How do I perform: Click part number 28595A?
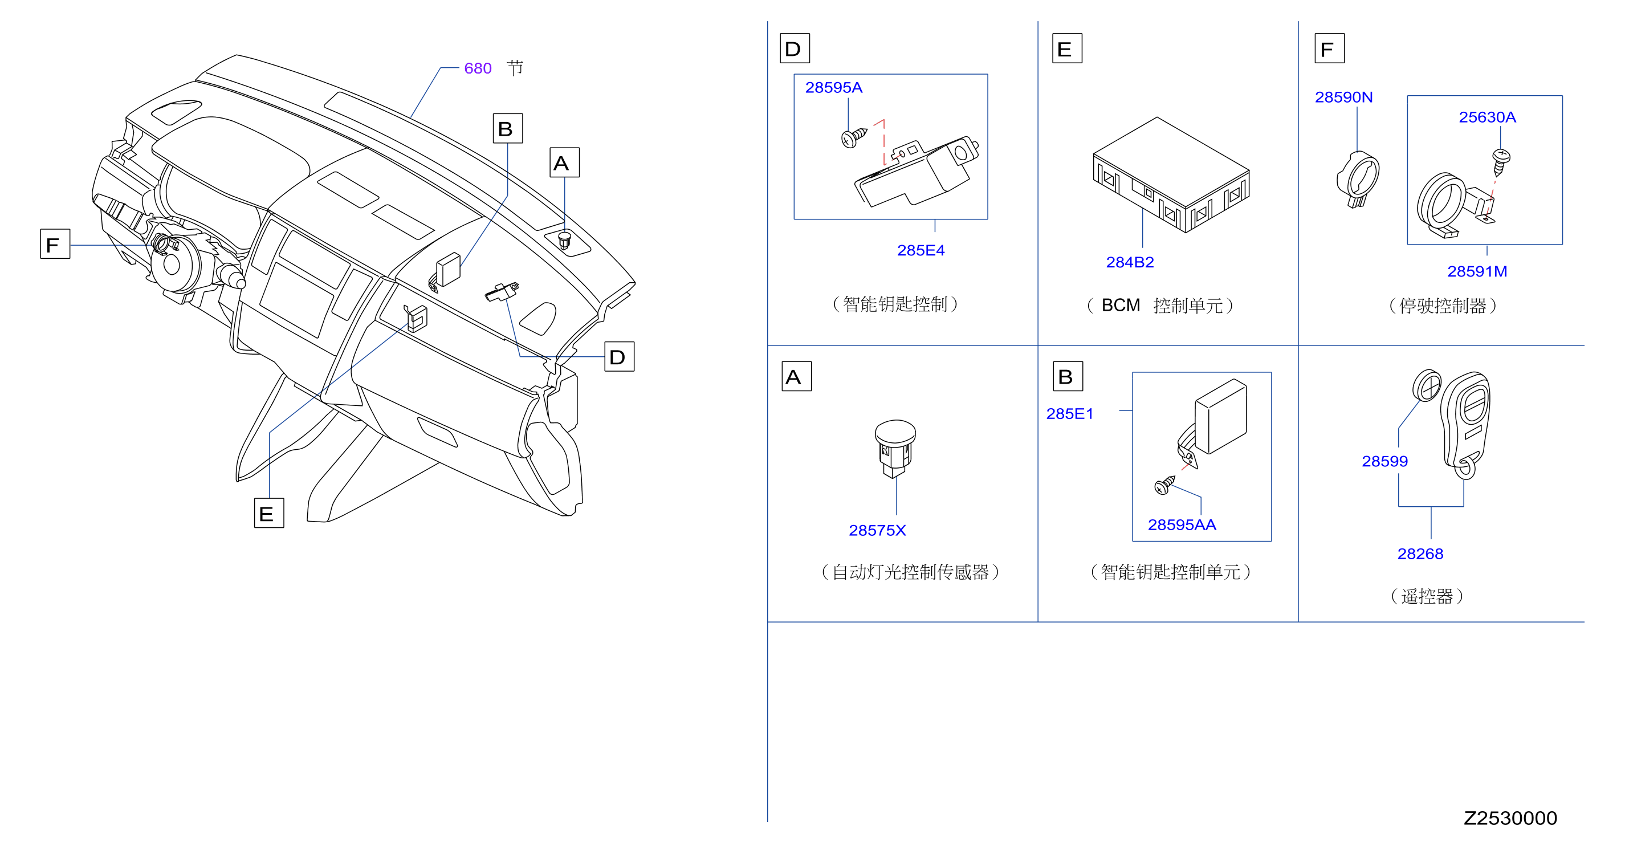tap(833, 88)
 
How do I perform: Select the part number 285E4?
tap(921, 250)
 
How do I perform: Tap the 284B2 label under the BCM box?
tap(1130, 262)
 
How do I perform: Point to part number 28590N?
tap(1343, 97)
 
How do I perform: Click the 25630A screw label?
tap(1487, 117)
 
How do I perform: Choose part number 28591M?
tap(1477, 271)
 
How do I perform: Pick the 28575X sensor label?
tap(877, 531)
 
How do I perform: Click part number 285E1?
tap(1069, 414)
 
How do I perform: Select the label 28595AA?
tap(1182, 525)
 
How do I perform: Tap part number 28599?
tap(1384, 461)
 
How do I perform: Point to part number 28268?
tap(1420, 554)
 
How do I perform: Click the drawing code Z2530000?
tap(1510, 818)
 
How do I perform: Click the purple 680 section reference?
tap(478, 68)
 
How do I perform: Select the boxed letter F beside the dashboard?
tap(55, 244)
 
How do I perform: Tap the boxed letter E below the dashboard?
tap(268, 513)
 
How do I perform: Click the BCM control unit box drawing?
tap(1171, 175)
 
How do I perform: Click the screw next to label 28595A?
tap(853, 137)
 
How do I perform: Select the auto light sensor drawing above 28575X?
tap(895, 449)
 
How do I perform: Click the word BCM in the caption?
tap(1121, 306)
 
